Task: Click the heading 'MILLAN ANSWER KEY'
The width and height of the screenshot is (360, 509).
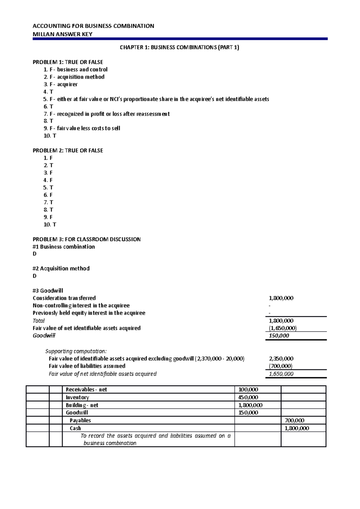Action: (62, 34)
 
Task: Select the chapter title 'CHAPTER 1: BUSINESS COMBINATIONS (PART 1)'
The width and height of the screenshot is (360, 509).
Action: (179, 47)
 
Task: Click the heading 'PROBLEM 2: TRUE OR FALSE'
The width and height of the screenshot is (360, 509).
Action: (68, 150)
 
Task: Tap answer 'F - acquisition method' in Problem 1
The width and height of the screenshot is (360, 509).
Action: (74, 77)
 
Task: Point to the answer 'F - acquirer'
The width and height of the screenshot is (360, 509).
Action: (61, 84)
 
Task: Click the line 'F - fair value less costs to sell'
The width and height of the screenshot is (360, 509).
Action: (82, 128)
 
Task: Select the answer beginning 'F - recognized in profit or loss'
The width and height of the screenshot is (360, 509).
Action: (106, 114)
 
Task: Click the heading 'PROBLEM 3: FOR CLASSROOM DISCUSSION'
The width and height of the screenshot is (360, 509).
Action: (86, 239)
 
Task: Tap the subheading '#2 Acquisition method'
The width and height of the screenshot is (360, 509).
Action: (61, 268)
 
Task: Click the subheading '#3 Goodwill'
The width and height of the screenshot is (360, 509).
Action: (48, 290)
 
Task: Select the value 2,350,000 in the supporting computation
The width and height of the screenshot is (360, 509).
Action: (281, 359)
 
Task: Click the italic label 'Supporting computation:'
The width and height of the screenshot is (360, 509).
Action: (76, 351)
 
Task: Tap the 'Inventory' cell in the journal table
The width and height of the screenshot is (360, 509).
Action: (77, 397)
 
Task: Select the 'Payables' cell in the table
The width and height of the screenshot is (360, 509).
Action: (80, 420)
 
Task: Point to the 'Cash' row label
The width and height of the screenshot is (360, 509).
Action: (75, 428)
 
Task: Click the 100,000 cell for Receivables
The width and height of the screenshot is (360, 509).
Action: (248, 389)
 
